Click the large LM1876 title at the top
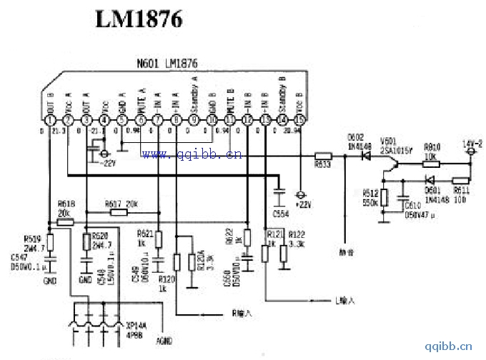click(x=139, y=19)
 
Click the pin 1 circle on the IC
click(x=49, y=121)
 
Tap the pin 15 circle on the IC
click(x=300, y=121)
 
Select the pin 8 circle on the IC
click(x=176, y=121)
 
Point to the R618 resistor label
click(x=64, y=205)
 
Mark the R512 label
click(x=370, y=191)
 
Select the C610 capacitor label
click(x=412, y=205)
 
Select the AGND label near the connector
click(x=166, y=341)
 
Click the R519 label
click(x=32, y=239)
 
